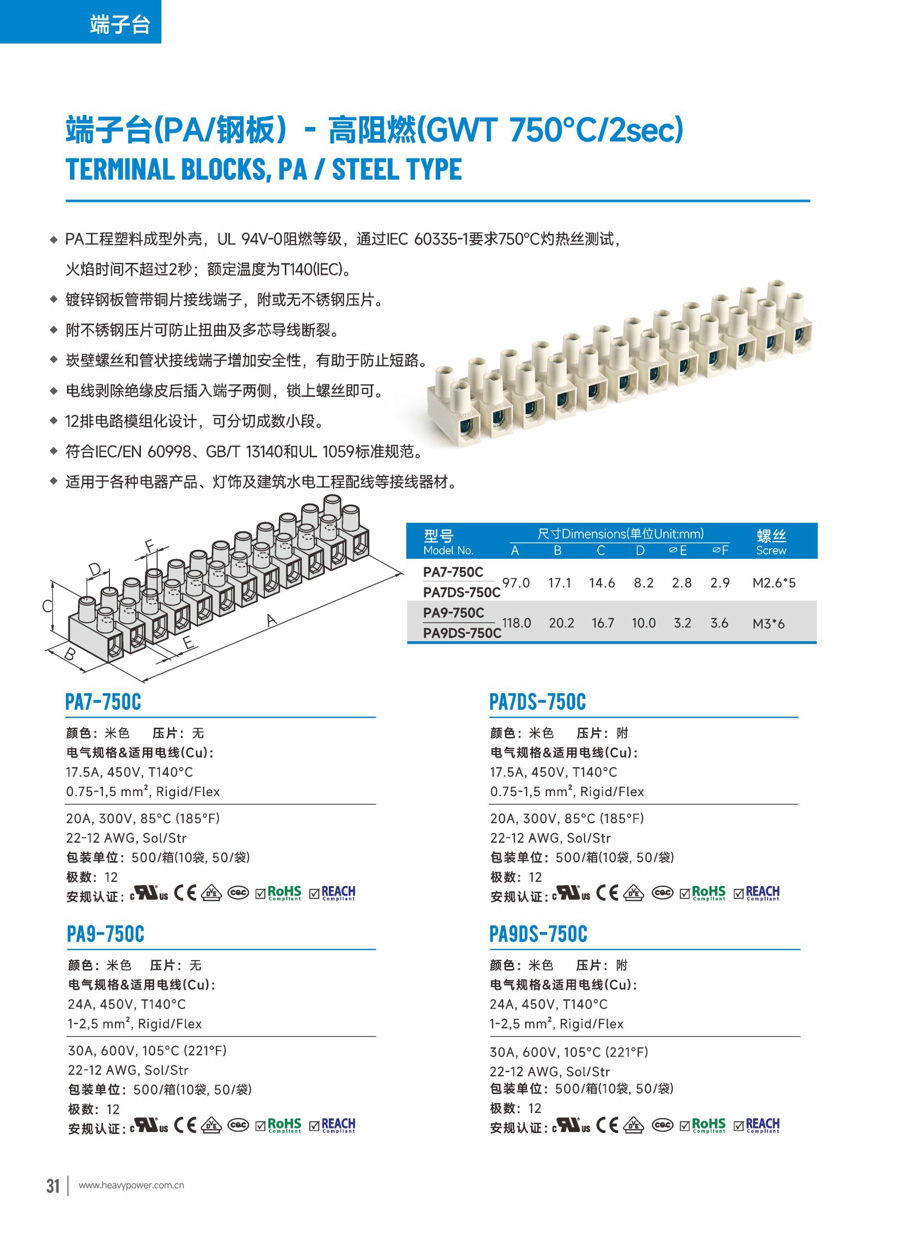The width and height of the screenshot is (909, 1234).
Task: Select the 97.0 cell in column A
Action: click(516, 583)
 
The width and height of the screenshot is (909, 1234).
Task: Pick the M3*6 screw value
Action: click(768, 623)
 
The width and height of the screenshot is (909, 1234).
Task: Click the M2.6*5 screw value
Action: click(774, 583)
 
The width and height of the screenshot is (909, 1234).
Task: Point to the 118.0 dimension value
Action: click(516, 623)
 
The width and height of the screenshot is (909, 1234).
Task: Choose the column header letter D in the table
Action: click(640, 551)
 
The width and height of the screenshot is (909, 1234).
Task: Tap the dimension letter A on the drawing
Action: click(271, 620)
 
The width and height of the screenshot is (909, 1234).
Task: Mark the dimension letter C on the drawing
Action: click(47, 607)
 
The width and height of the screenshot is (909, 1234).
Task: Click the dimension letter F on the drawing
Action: click(149, 546)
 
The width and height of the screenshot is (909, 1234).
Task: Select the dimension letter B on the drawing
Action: click(70, 654)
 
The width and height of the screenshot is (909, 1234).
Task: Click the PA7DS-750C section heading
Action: click(538, 702)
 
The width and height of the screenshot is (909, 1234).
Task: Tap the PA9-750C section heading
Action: click(105, 934)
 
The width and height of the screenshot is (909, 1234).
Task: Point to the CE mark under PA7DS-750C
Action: click(607, 892)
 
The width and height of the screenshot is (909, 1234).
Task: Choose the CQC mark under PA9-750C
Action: click(238, 1125)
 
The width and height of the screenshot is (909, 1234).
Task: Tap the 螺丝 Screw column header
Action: click(771, 542)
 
